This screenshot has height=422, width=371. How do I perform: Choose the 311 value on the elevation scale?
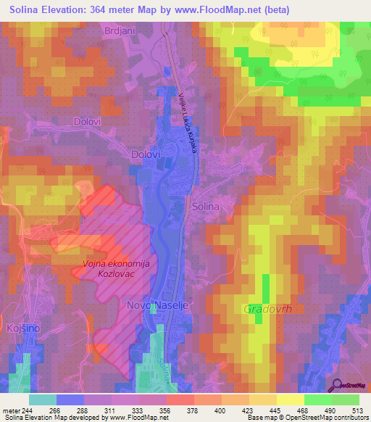click(x=110, y=408)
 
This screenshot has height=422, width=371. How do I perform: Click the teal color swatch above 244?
click(x=42, y=399)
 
